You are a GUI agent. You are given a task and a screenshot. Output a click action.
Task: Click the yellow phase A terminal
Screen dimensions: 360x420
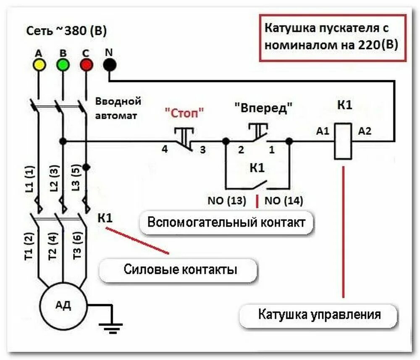[39, 65]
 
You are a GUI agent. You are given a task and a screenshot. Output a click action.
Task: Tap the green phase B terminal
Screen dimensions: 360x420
[63, 65]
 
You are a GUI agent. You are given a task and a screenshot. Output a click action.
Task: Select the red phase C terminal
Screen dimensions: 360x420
[86, 65]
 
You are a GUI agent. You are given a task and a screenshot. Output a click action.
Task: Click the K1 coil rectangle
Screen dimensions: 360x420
[343, 141]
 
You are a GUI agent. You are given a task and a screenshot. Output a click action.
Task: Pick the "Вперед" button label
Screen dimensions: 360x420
[263, 108]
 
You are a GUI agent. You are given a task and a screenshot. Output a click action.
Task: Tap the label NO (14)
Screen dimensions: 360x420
[283, 200]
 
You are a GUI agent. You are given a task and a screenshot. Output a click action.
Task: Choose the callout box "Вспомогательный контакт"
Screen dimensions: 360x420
[226, 222]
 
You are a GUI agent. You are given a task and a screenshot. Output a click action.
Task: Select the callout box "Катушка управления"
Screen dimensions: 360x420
[319, 314]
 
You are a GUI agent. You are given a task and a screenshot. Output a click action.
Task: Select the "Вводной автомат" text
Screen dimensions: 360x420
[118, 108]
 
